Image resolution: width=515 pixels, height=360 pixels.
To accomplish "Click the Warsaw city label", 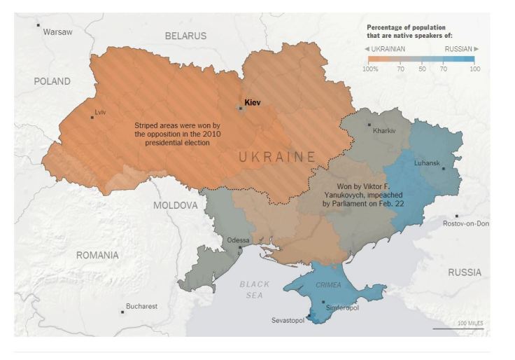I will tap(57, 32).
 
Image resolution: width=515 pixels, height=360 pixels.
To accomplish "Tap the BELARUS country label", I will tap(185, 36).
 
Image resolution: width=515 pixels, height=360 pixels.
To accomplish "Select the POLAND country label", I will tap(52, 81).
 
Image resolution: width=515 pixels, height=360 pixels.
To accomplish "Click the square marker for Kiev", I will tap(241, 109).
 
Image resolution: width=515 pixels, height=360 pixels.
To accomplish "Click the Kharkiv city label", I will tap(385, 130).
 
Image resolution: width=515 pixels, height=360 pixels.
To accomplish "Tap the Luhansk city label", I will tap(426, 163).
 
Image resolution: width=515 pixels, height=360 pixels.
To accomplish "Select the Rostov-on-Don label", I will tap(466, 223).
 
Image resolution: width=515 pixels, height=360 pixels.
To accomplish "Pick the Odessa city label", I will tap(239, 240).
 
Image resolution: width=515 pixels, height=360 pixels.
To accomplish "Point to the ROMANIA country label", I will tap(97, 255).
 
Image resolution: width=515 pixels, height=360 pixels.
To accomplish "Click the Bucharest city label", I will tap(141, 306).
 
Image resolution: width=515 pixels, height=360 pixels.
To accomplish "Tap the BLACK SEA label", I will tap(254, 290).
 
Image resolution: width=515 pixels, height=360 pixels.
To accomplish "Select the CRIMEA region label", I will tap(328, 285).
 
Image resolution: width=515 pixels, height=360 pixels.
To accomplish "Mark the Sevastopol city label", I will tap(288, 321).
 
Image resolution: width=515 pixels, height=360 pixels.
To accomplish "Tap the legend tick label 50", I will tap(422, 69).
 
